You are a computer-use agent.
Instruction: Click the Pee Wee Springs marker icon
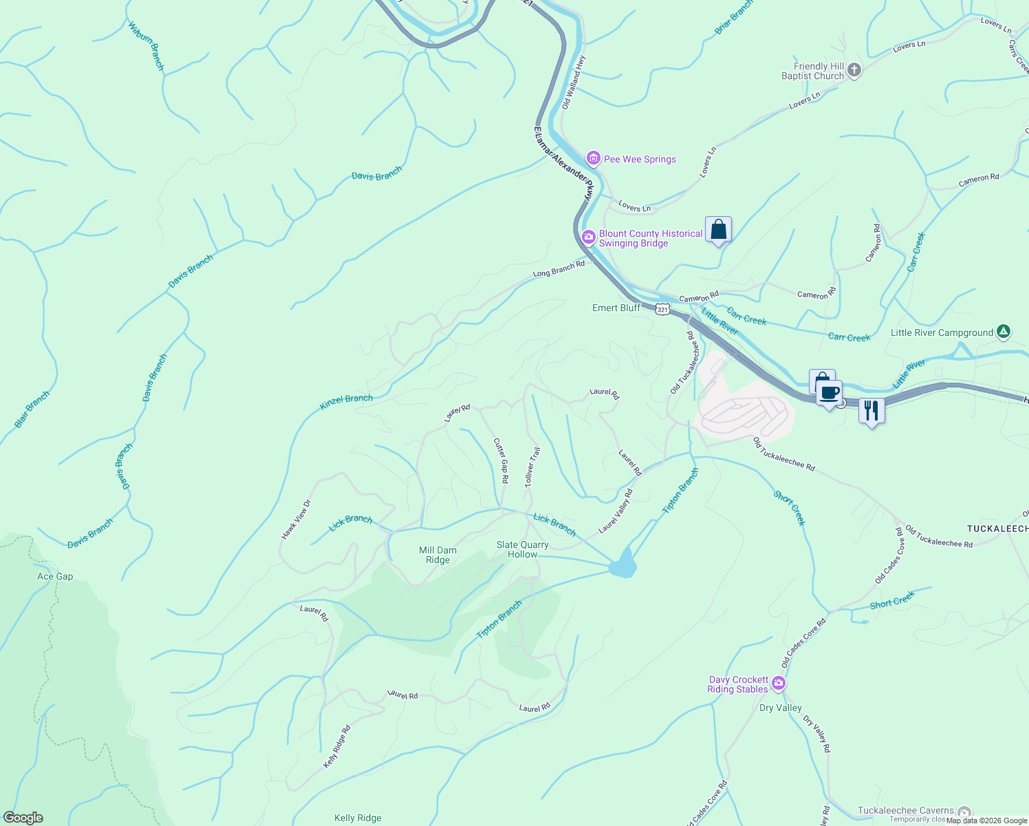[x=593, y=159]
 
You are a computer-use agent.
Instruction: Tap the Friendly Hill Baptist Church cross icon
[x=854, y=70]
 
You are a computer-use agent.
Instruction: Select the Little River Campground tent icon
[x=1004, y=332]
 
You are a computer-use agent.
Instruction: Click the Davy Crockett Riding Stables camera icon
[x=779, y=684]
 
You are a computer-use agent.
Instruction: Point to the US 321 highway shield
[x=662, y=310]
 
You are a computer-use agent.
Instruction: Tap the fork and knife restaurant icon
[x=871, y=411]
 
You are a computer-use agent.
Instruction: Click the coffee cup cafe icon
[x=830, y=393]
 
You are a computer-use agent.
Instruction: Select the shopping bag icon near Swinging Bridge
[x=718, y=229]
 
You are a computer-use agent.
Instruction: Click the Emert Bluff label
[x=616, y=308]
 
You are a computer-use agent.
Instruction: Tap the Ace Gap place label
[x=55, y=576]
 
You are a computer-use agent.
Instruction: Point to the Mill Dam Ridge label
[x=438, y=555]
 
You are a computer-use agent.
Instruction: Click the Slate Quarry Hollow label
[x=523, y=549]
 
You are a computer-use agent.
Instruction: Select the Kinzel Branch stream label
[x=347, y=402]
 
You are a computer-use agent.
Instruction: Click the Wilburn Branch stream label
[x=147, y=46]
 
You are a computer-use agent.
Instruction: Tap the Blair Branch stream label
[x=32, y=410]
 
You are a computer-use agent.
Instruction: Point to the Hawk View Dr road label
[x=296, y=519]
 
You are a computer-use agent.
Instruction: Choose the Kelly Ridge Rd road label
[x=337, y=747]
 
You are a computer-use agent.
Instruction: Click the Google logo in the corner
[x=23, y=818]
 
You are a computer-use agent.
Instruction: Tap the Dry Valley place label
[x=781, y=708]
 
